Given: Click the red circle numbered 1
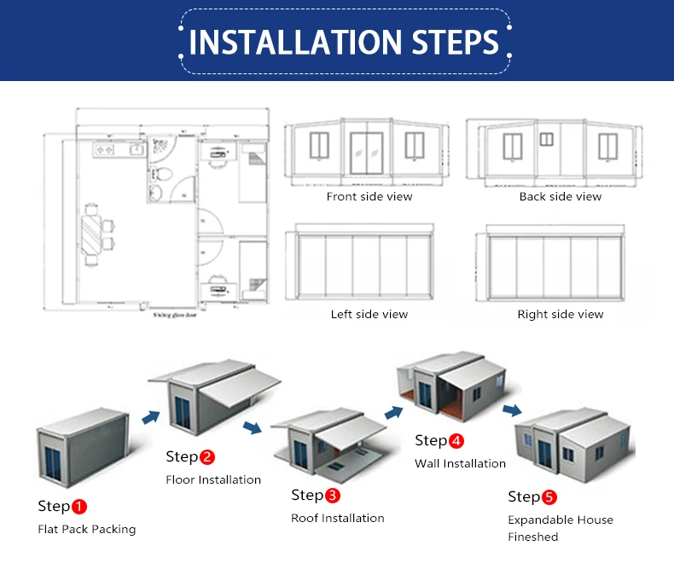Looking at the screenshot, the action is click(x=78, y=507).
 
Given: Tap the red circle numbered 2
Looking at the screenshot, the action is click(x=206, y=457).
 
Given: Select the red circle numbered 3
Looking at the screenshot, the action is click(x=332, y=496).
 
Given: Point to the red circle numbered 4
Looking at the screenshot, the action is click(x=456, y=441).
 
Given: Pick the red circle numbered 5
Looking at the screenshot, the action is click(x=549, y=497).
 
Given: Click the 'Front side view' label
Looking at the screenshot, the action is click(x=369, y=197).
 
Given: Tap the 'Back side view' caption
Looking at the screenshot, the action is click(x=560, y=197).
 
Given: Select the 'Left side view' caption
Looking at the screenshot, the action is click(x=369, y=315).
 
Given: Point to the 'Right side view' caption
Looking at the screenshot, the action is click(x=560, y=315).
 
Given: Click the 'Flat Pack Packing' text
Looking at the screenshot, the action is click(x=86, y=529).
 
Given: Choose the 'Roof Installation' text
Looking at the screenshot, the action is click(x=337, y=518).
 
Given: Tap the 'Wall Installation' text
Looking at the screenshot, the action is click(x=460, y=464).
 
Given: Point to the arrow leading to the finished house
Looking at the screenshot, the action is click(x=513, y=411).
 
